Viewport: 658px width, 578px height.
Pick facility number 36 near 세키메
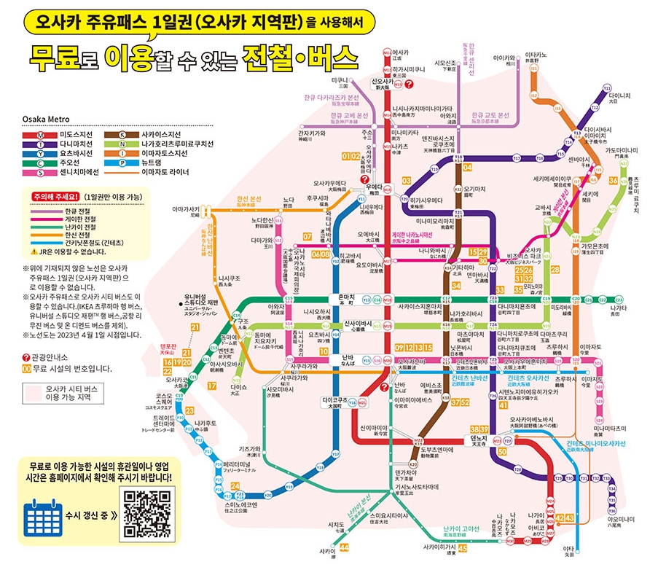(x=614, y=180)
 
